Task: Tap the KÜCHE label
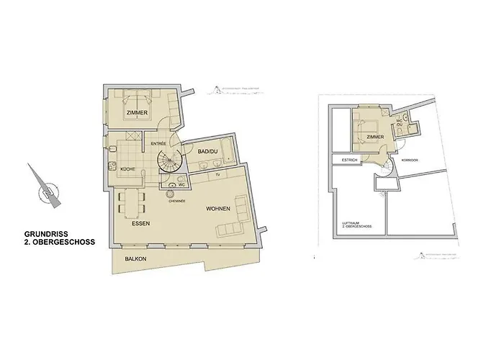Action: pyautogui.click(x=129, y=168)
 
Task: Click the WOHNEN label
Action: pyautogui.click(x=217, y=209)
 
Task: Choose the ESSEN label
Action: pyautogui.click(x=141, y=224)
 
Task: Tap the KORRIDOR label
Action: pyautogui.click(x=410, y=160)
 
